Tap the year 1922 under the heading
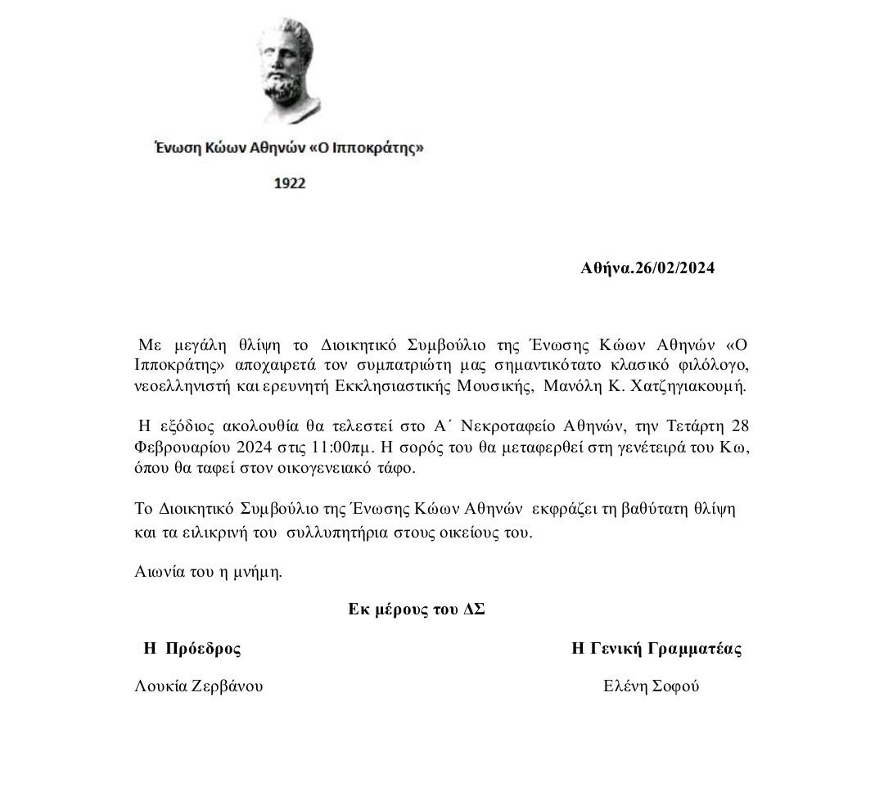[289, 183]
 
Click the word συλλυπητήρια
[322, 533]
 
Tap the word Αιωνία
[156, 572]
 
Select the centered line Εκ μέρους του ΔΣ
[417, 609]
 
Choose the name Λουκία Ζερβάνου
[199, 686]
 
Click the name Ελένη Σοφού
[651, 686]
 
